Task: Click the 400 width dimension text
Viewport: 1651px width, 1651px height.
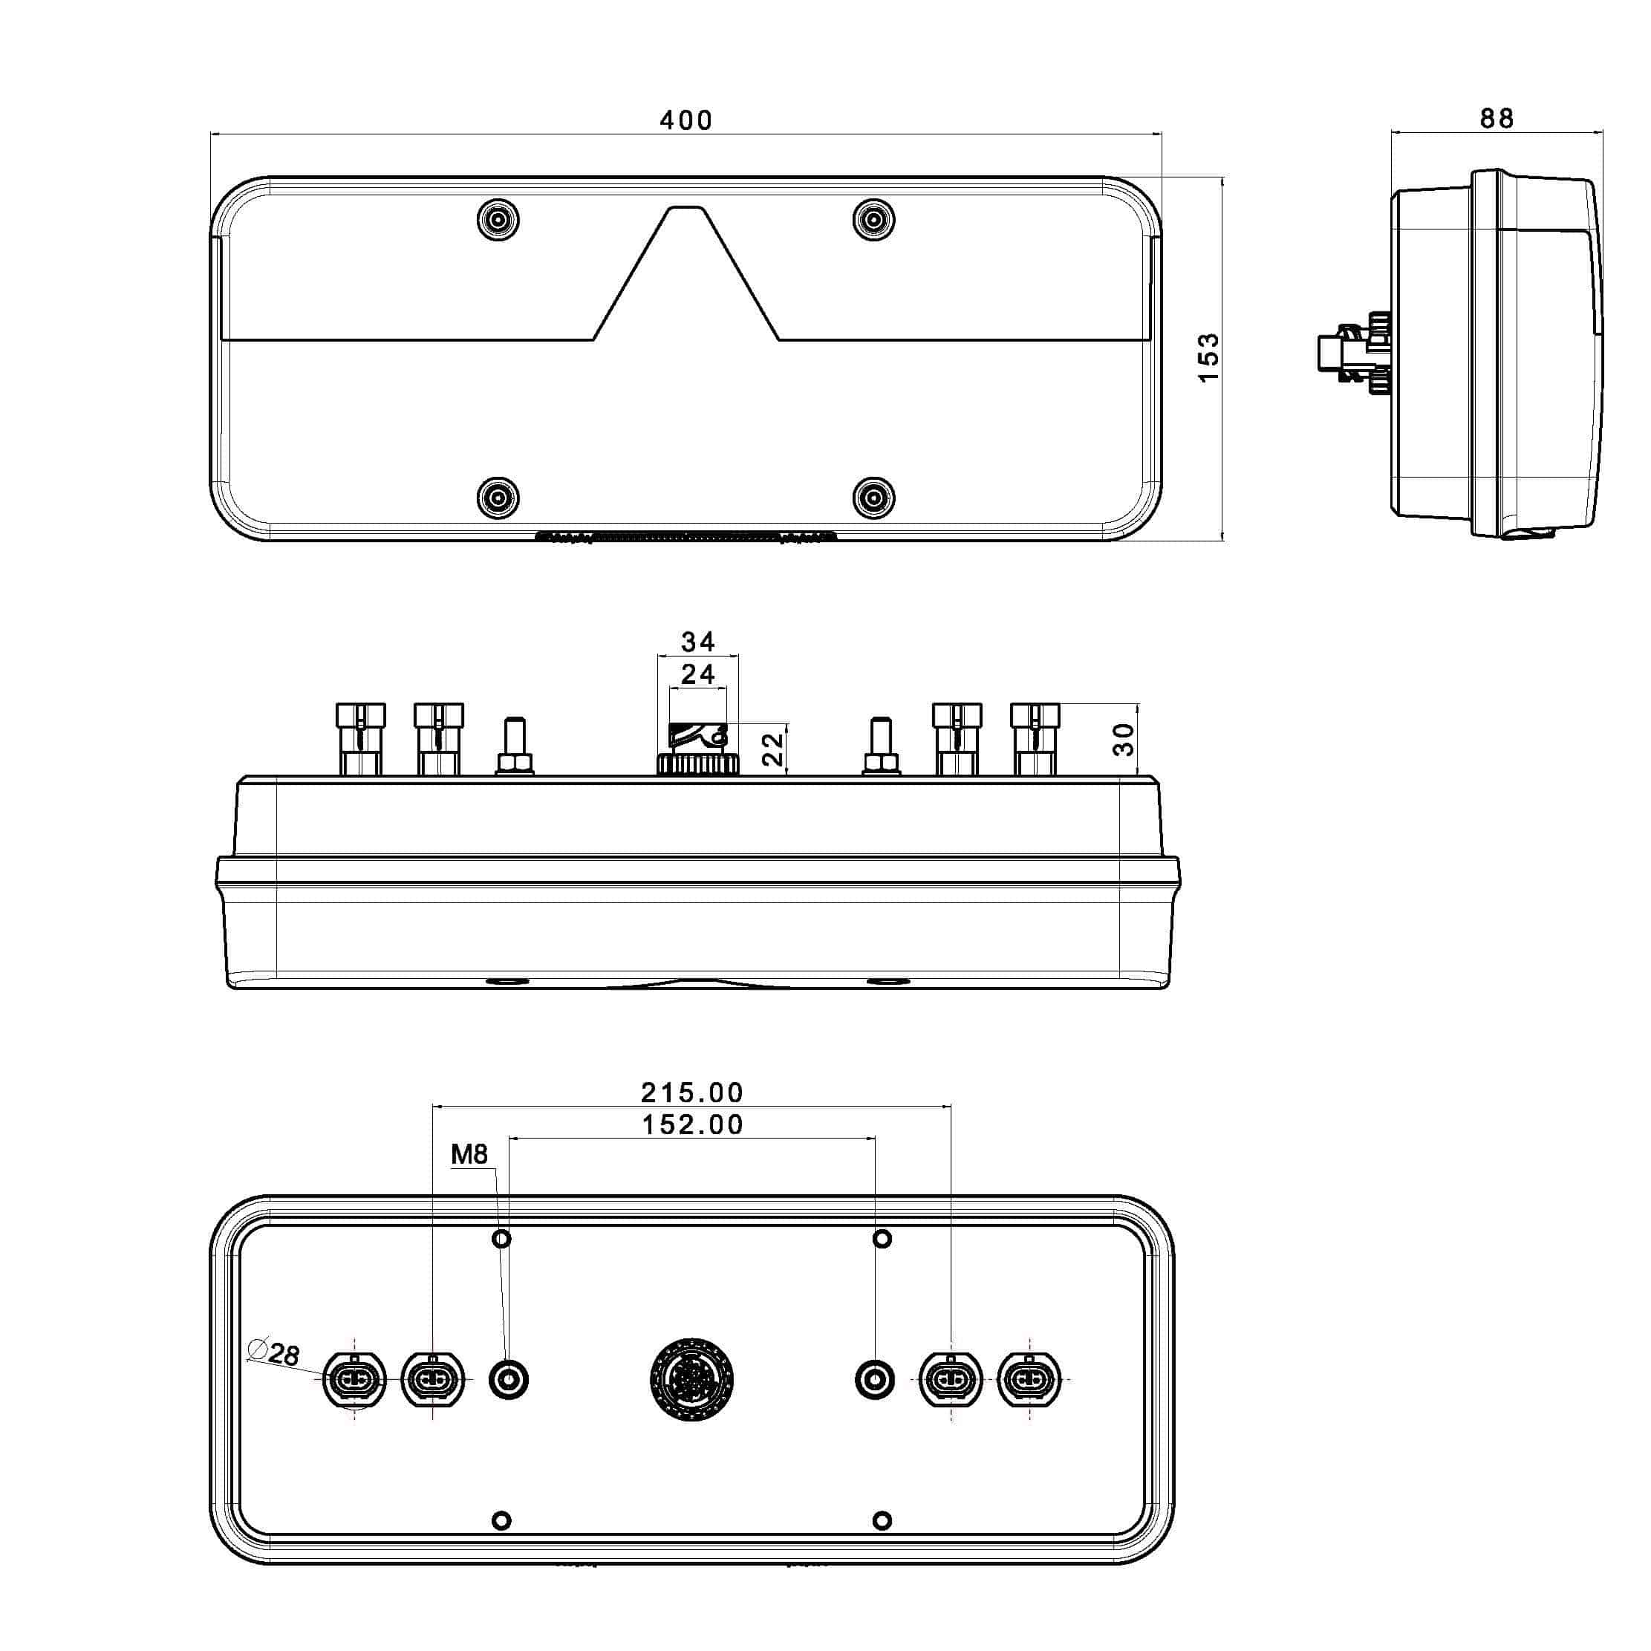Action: [x=686, y=120]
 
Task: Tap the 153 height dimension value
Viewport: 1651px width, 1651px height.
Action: [x=1208, y=357]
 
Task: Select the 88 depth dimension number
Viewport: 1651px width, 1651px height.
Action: [x=1497, y=119]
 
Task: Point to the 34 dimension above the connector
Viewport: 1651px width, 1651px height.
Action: [x=697, y=642]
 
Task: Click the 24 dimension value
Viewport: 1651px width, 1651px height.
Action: [x=697, y=675]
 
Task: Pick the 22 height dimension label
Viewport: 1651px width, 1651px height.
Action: [x=772, y=749]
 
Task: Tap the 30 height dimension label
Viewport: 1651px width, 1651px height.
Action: [x=1124, y=739]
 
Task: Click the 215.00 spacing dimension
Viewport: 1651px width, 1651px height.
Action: [x=692, y=1092]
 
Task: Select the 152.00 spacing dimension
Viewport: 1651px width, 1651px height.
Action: [x=692, y=1124]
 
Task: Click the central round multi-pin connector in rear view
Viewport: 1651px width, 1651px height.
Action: [x=691, y=1380]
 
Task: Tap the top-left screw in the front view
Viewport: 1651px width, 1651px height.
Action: [x=498, y=221]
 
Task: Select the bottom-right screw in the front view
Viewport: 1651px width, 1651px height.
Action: [x=874, y=498]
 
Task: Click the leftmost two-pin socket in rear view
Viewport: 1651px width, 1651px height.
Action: [x=355, y=1379]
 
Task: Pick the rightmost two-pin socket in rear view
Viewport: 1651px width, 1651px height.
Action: [x=1029, y=1379]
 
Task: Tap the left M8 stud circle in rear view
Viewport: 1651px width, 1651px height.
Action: [x=509, y=1379]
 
